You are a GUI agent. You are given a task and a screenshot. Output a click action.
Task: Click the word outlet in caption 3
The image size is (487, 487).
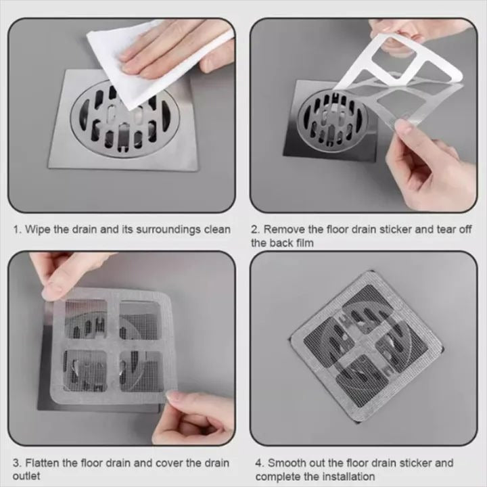[x=28, y=476]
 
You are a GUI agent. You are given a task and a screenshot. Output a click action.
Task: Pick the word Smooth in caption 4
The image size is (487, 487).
[x=287, y=463]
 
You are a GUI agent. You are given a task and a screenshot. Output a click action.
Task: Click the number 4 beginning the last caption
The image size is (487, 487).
[x=258, y=463]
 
